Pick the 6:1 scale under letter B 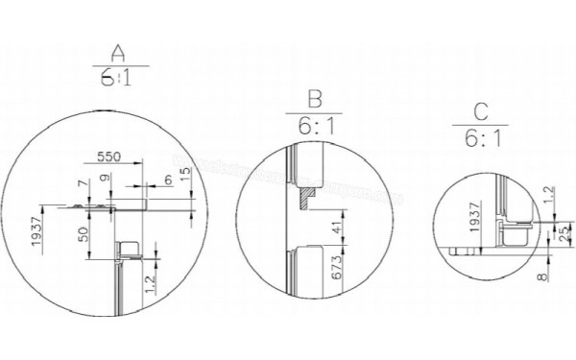(x=313, y=126)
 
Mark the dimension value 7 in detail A (x=83, y=181)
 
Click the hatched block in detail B (x=304, y=197)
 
